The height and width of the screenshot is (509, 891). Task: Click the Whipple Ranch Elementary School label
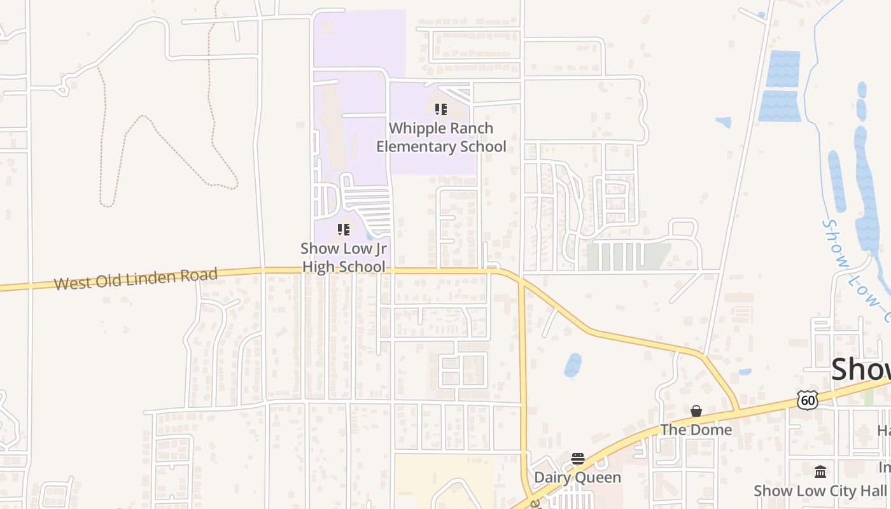click(x=441, y=137)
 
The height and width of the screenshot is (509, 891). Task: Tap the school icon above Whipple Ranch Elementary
click(x=441, y=109)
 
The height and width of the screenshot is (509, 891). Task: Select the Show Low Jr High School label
click(x=344, y=258)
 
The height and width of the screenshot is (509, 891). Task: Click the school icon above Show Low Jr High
click(x=344, y=230)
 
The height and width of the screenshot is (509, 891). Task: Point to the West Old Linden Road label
click(x=136, y=279)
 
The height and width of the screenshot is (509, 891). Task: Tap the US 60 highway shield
click(x=808, y=400)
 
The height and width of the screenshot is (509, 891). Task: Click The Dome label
click(x=696, y=430)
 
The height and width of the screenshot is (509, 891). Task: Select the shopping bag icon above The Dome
click(x=696, y=411)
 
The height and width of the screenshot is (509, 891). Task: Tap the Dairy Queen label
click(x=577, y=477)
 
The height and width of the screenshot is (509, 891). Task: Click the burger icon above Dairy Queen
click(x=578, y=459)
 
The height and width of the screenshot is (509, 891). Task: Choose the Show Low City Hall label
click(x=820, y=491)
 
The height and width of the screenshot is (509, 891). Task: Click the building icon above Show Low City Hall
click(x=820, y=472)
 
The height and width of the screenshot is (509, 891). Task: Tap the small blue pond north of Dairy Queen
click(x=573, y=365)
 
